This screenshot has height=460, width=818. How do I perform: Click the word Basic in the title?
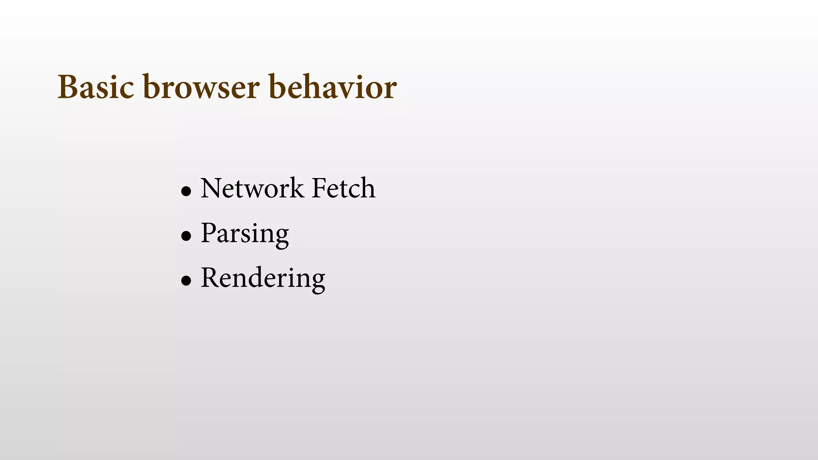[96, 87]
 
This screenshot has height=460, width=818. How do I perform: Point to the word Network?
[252, 188]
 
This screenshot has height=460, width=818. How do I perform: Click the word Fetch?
[343, 188]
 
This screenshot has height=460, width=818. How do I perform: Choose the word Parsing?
[245, 234]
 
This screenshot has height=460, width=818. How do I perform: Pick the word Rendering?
[263, 278]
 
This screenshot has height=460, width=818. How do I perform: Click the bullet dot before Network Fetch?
[186, 191]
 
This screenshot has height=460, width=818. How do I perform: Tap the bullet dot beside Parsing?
[186, 236]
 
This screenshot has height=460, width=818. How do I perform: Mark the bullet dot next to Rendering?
[186, 281]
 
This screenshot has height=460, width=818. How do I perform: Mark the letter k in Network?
[296, 188]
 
